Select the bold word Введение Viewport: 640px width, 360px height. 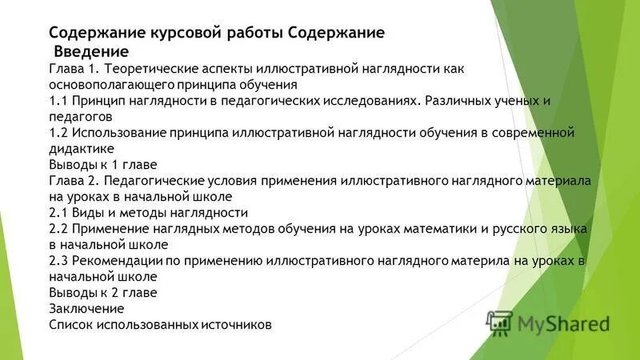90,51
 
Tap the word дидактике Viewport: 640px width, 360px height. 82,149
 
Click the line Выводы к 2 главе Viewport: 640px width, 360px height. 103,292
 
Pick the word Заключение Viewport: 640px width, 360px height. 86,308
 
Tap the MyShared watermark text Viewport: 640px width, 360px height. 562,323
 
